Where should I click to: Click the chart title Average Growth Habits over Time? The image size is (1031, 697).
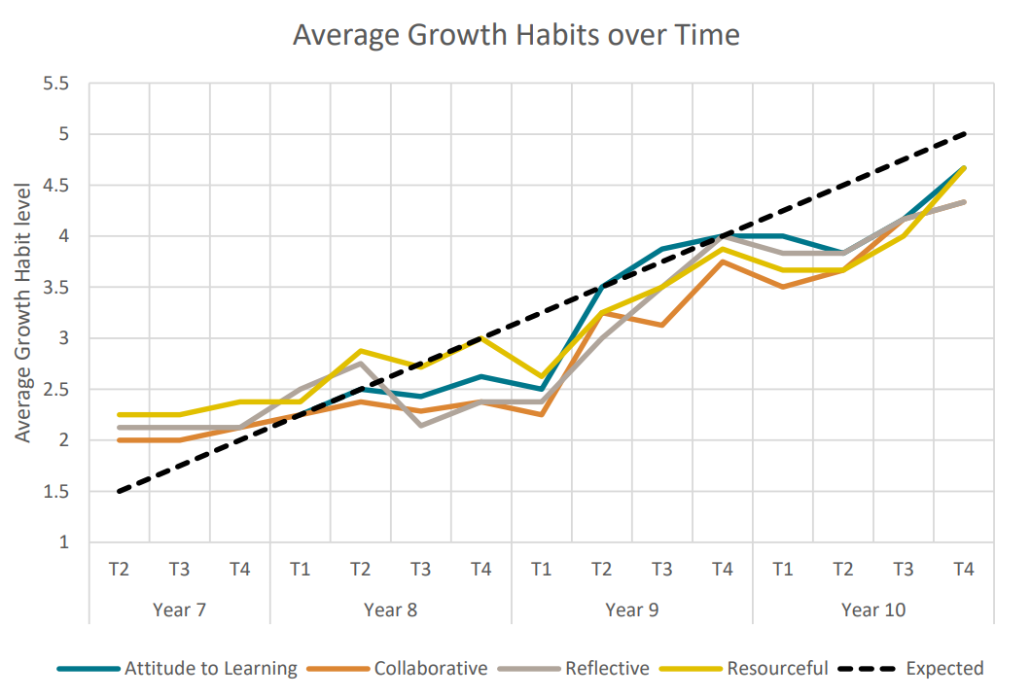click(x=515, y=35)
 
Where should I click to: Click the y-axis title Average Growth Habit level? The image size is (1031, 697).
click(x=23, y=311)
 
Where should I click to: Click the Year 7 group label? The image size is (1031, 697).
click(x=179, y=610)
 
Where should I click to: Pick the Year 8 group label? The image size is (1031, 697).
click(x=390, y=610)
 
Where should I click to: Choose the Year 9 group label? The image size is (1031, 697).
click(x=631, y=610)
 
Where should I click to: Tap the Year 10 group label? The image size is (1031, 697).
click(x=872, y=610)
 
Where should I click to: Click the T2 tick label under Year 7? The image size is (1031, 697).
click(x=119, y=570)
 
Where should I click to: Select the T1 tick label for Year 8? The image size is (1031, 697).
click(x=300, y=570)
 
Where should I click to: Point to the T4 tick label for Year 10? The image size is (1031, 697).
click(x=963, y=570)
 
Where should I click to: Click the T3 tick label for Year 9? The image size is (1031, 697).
click(x=661, y=570)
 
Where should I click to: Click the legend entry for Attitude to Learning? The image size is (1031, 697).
click(x=210, y=669)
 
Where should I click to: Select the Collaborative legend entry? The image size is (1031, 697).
click(x=430, y=669)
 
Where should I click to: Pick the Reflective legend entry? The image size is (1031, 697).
click(x=606, y=669)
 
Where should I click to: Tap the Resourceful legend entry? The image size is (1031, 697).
click(x=775, y=669)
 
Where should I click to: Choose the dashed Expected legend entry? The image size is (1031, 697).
click(x=943, y=669)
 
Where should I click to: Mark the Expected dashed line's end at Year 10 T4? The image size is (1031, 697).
click(x=963, y=134)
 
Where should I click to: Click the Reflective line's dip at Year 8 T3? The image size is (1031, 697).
click(x=420, y=426)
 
